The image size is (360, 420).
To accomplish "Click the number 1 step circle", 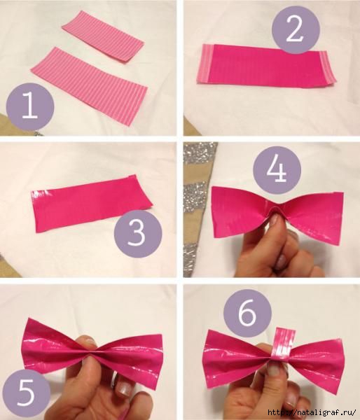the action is click(30, 106).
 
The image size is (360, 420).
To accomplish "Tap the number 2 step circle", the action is click(296, 29).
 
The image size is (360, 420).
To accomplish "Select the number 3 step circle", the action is click(138, 234).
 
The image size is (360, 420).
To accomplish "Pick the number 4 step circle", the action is click(277, 170).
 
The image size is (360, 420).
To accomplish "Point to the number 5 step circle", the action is click(27, 393).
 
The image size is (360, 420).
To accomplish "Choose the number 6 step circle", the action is click(247, 313).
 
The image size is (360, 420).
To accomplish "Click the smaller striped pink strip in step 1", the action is click(103, 37).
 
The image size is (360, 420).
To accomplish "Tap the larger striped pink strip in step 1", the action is click(89, 85).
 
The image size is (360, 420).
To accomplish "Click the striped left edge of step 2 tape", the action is click(205, 64).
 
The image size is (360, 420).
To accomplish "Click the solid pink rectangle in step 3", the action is click(92, 204).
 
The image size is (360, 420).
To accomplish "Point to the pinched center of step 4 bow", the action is click(276, 209).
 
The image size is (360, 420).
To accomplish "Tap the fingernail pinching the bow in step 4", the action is click(274, 220).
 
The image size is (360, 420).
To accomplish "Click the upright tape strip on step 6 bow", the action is click(284, 345).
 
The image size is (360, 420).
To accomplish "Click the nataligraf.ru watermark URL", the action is click(312, 412).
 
